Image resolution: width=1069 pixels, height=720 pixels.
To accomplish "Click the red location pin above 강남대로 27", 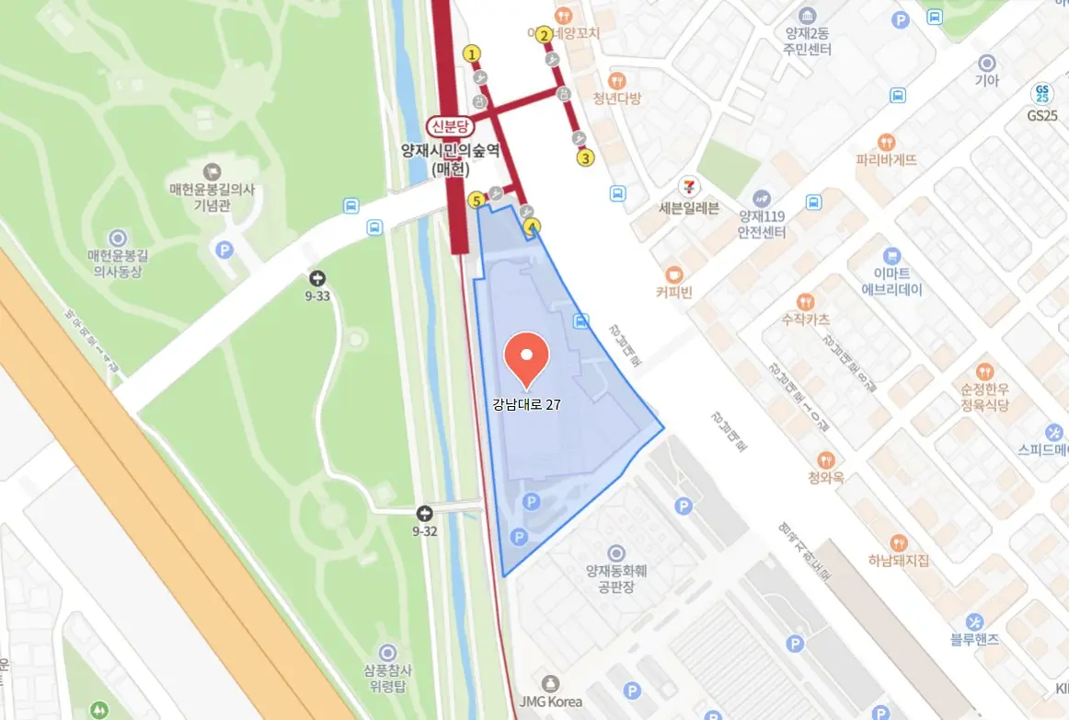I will click(527, 360).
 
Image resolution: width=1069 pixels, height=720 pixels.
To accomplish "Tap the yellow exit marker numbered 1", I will click(473, 53).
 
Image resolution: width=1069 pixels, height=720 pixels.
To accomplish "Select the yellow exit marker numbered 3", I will click(585, 157).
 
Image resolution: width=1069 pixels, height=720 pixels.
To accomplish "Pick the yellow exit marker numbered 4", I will click(531, 226).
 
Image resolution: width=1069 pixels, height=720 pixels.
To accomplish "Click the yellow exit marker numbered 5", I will click(477, 200).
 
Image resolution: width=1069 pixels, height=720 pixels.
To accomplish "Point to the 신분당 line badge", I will click(450, 127).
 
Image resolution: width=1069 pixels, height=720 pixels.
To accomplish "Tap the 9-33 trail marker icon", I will click(318, 277).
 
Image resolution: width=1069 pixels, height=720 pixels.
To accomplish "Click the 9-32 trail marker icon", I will click(424, 513).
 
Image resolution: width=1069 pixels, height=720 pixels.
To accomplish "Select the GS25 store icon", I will click(1041, 94).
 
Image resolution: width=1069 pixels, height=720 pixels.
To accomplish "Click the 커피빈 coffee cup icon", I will click(674, 273).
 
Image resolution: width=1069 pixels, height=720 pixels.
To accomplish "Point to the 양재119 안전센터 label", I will click(761, 224).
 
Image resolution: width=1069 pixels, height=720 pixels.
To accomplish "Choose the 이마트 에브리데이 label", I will click(891, 280).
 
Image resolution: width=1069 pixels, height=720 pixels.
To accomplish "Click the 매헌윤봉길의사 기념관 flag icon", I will click(213, 170).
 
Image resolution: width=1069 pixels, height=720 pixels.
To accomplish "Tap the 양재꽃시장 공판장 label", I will click(616, 577).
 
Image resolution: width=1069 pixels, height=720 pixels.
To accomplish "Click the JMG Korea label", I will click(550, 702).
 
